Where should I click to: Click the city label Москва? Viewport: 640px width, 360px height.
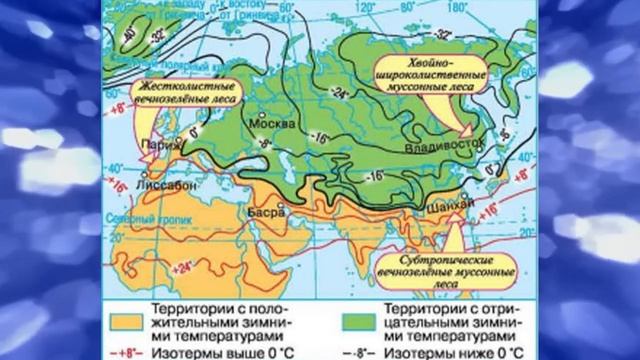click(x=277, y=125)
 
